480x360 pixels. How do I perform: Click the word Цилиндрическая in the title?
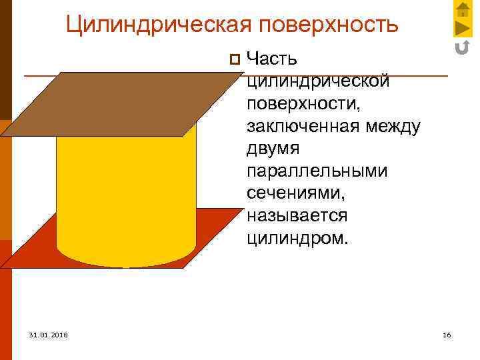pyautogui.click(x=159, y=25)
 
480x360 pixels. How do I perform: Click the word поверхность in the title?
pyautogui.click(x=329, y=25)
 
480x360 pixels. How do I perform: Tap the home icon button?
pyautogui.click(x=463, y=9)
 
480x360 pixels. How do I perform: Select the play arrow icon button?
pyautogui.click(x=463, y=28)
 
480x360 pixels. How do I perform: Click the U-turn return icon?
pyautogui.click(x=463, y=47)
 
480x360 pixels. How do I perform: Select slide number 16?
pyautogui.click(x=447, y=334)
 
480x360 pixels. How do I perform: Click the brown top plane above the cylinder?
pyautogui.click(x=127, y=103)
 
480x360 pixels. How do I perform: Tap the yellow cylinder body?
pyautogui.click(x=127, y=193)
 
